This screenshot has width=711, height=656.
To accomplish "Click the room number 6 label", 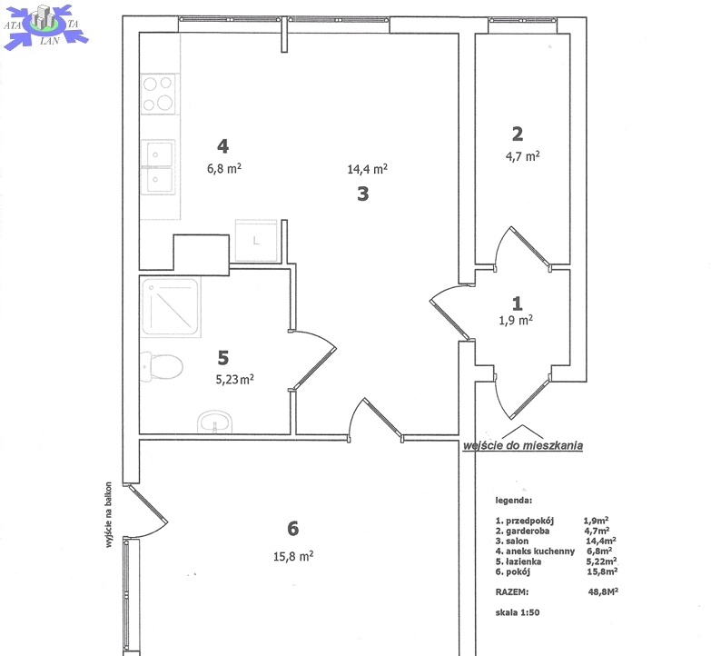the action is coord(293,528).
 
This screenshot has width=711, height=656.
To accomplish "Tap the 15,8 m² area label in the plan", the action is coord(293,556).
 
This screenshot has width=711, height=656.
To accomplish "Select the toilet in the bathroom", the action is coord(162,366).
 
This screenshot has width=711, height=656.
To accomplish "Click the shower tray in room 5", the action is coord(170,307).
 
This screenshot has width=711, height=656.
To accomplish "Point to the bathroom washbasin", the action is coord(215,422).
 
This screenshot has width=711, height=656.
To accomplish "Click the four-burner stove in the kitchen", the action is coord(158,94).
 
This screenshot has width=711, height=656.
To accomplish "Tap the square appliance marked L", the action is coord(256,241).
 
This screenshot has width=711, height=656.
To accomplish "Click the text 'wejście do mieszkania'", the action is coord(522,445).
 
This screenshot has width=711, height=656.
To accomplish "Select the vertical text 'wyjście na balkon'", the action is coord(108,514).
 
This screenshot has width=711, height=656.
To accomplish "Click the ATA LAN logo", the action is coord(45,25).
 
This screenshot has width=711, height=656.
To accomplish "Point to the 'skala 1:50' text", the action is coord(518,612).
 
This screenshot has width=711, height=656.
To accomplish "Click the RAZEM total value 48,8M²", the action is coord(603,591).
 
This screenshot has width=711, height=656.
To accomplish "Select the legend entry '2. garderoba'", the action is coord(522,531).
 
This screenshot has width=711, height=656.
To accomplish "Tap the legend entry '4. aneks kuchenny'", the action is coord(535,552).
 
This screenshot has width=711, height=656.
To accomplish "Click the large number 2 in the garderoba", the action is coord(518,134).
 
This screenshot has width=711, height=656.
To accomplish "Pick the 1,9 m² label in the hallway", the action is coord(516,320).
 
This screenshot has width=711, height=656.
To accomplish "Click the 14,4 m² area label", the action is coord(367,169).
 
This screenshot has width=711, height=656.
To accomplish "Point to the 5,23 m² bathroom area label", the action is coord(234,379).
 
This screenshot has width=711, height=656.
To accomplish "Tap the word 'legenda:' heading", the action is coord(513,501).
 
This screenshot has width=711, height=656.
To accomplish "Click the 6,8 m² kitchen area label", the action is coord(224,168).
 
